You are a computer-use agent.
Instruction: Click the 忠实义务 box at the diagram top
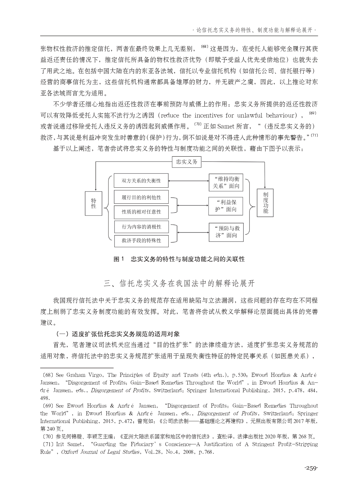coord(186,162)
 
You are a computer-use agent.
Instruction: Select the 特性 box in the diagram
coord(93,203)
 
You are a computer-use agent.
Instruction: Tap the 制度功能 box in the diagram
coord(265,203)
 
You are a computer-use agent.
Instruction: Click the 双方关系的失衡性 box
coord(141,181)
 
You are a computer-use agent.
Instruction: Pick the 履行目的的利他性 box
coord(141,197)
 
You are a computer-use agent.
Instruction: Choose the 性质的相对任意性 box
coord(141,212)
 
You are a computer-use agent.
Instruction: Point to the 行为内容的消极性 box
coord(141,227)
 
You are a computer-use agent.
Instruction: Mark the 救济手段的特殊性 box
coord(141,241)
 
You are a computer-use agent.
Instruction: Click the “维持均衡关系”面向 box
coord(226,182)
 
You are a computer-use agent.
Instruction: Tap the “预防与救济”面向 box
coord(226,232)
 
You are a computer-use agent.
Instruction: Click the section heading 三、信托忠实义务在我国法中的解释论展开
coord(179,284)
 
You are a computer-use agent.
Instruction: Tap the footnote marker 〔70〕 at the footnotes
coord(47,437)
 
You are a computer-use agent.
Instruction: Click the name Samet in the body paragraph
coord(226,127)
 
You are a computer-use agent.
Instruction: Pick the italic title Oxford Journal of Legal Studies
coord(100,452)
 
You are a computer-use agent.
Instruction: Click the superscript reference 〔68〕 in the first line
coord(204,47)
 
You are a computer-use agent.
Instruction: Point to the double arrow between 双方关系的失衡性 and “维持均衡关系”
coord(188,181)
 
